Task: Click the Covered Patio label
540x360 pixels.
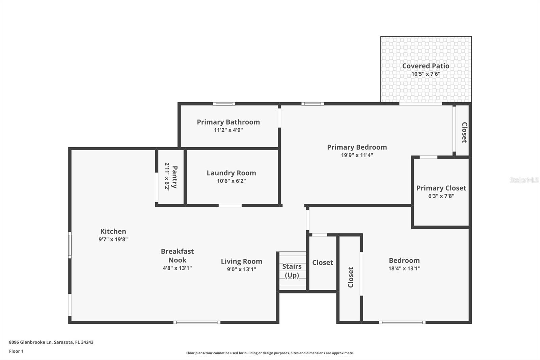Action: click(426, 66)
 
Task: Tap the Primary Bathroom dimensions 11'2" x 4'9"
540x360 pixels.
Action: click(228, 130)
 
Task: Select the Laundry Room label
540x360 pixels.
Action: click(231, 173)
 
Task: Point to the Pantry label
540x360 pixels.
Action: click(174, 177)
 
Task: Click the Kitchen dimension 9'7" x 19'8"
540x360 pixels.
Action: click(113, 239)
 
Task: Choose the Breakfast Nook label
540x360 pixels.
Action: click(177, 256)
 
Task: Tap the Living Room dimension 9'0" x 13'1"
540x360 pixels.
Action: click(241, 269)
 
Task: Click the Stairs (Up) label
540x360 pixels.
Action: click(292, 271)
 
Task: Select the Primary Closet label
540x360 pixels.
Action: click(441, 188)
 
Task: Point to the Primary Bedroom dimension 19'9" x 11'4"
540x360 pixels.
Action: click(357, 155)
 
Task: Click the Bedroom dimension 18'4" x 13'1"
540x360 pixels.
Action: click(404, 268)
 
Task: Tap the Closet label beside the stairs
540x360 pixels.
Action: click(322, 262)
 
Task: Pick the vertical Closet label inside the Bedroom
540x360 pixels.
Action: click(351, 277)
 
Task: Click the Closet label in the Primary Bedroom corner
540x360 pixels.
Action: click(464, 132)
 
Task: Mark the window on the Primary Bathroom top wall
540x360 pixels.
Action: click(224, 104)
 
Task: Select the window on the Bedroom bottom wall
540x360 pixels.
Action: click(402, 323)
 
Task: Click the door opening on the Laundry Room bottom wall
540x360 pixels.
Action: click(230, 205)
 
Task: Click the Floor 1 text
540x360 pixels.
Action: click(16, 351)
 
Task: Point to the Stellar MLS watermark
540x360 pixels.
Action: click(524, 180)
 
